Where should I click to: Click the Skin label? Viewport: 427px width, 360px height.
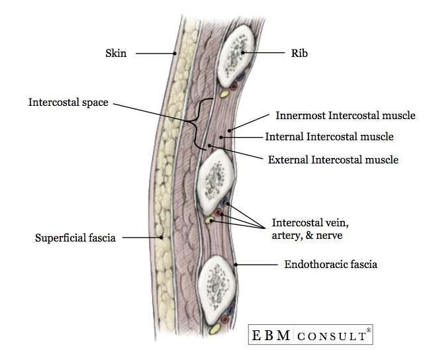coord(116,54)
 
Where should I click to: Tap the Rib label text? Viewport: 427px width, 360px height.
coord(299,53)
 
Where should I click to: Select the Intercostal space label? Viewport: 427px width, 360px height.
coord(68,103)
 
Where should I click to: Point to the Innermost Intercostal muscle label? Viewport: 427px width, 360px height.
coord(345,116)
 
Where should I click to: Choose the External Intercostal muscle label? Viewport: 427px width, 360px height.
coord(332,159)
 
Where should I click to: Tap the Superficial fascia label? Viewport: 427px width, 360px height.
coord(75,238)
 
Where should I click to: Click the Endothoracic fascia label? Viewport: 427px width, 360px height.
coord(330,265)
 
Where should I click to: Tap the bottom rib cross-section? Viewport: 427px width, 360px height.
coord(218,282)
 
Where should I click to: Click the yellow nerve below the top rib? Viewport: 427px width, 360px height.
coord(224,95)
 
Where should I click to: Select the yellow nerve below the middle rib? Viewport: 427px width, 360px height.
coord(210,220)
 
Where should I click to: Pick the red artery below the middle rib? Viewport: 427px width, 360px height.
coord(218,212)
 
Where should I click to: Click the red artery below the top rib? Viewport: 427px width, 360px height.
coord(232,86)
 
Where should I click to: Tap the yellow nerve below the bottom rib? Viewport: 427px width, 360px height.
coord(215,327)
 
